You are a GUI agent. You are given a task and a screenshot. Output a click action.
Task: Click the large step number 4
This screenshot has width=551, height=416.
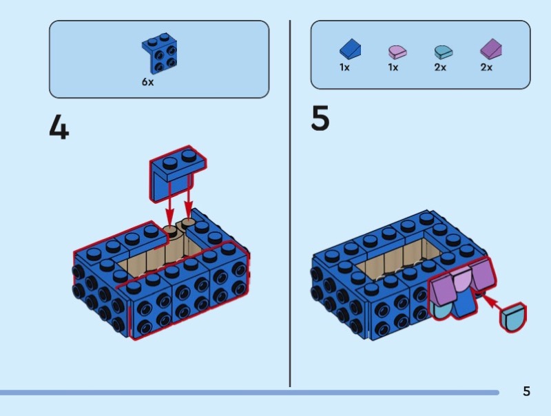(59, 127)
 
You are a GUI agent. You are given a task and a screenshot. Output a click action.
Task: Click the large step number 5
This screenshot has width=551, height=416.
(320, 118)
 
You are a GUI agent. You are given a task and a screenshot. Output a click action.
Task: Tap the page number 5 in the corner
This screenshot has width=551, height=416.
(526, 391)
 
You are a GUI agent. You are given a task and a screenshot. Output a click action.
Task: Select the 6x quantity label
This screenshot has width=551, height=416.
(148, 81)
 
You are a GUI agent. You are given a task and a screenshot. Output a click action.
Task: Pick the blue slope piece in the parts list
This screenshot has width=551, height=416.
(350, 49)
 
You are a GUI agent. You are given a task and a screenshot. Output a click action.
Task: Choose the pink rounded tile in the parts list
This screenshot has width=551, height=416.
(397, 51)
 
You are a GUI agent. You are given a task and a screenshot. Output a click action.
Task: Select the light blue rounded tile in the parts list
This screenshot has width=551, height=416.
(441, 51)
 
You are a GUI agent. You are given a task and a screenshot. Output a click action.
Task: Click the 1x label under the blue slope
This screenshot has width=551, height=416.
(344, 67)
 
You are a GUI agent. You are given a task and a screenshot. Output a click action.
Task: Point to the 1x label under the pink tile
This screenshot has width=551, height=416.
(393, 67)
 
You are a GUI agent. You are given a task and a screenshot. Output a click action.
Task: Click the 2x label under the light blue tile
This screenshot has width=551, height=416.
(440, 67)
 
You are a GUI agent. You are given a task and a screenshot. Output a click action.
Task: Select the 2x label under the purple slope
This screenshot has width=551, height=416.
(486, 67)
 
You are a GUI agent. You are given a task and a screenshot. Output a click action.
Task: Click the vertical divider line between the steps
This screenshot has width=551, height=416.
(290, 207)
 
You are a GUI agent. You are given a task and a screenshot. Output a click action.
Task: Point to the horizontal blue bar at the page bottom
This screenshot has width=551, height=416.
(248, 393)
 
